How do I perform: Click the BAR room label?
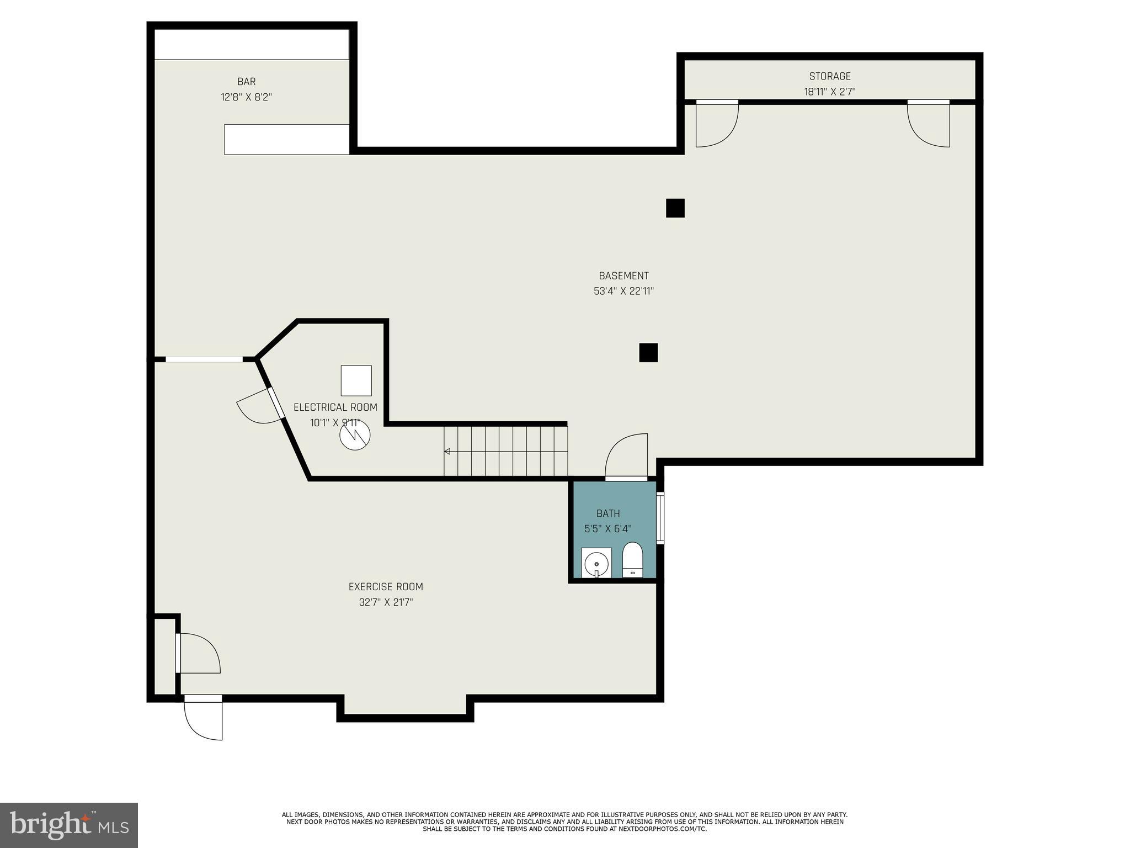click(246, 82)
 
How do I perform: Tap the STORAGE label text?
click(829, 76)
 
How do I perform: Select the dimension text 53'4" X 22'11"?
click(623, 291)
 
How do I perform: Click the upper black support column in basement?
click(675, 208)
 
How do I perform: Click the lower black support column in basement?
click(648, 352)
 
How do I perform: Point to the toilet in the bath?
click(632, 559)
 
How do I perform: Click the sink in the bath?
click(596, 563)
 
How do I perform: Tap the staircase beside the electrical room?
click(505, 451)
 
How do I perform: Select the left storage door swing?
click(715, 125)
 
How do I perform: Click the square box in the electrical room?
click(356, 380)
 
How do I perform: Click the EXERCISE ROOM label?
click(385, 587)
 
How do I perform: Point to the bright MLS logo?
click(69, 825)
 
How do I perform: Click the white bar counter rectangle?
click(287, 139)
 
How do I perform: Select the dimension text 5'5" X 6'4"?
click(607, 529)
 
